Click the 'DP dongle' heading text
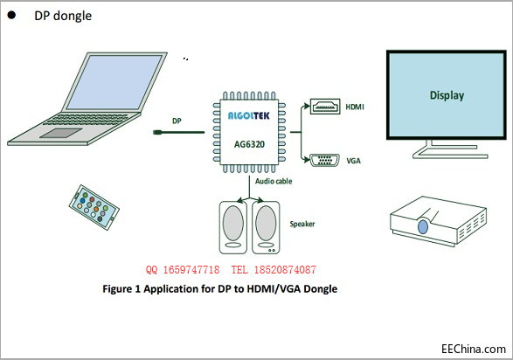pos(62,16)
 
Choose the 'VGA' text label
pos(352,161)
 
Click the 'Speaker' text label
pos(302,224)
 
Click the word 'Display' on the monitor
pos(447,95)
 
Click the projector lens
pos(422,227)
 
